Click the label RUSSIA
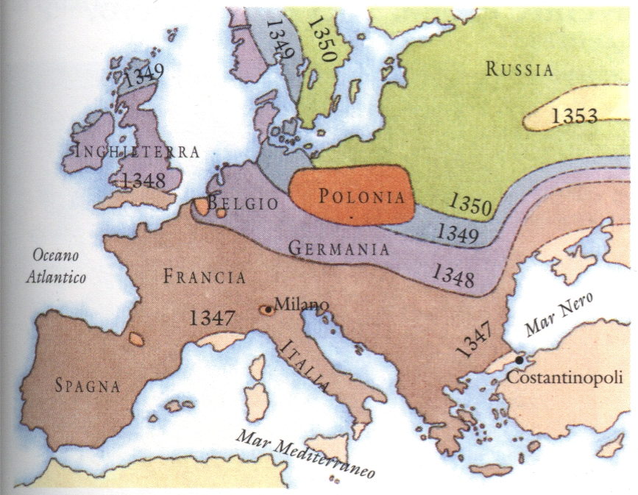pyautogui.click(x=519, y=71)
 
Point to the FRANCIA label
pyautogui.click(x=204, y=277)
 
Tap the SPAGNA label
pyautogui.click(x=86, y=385)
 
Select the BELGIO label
pyautogui.click(x=243, y=203)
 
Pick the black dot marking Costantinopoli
pyautogui.click(x=520, y=360)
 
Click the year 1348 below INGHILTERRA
pyautogui.click(x=145, y=179)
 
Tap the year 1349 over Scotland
pyautogui.click(x=144, y=76)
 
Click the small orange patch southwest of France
pyautogui.click(x=135, y=339)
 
